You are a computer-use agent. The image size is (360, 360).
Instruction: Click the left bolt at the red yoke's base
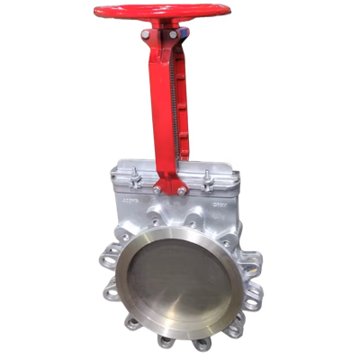click(x=159, y=190)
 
